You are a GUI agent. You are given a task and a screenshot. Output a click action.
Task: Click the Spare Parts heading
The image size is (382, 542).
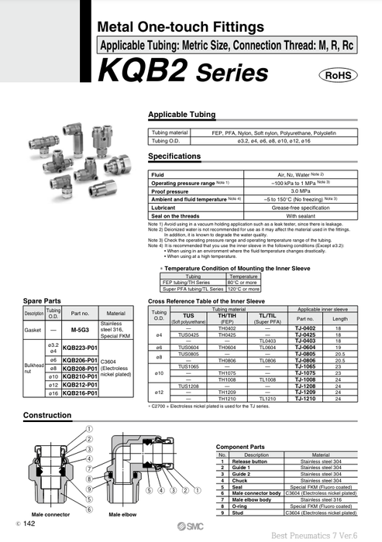[x=43, y=300]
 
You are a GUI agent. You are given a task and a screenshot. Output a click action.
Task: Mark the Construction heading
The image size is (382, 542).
[x=47, y=415]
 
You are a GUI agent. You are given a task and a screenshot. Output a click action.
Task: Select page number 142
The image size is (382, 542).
[x=29, y=524]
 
